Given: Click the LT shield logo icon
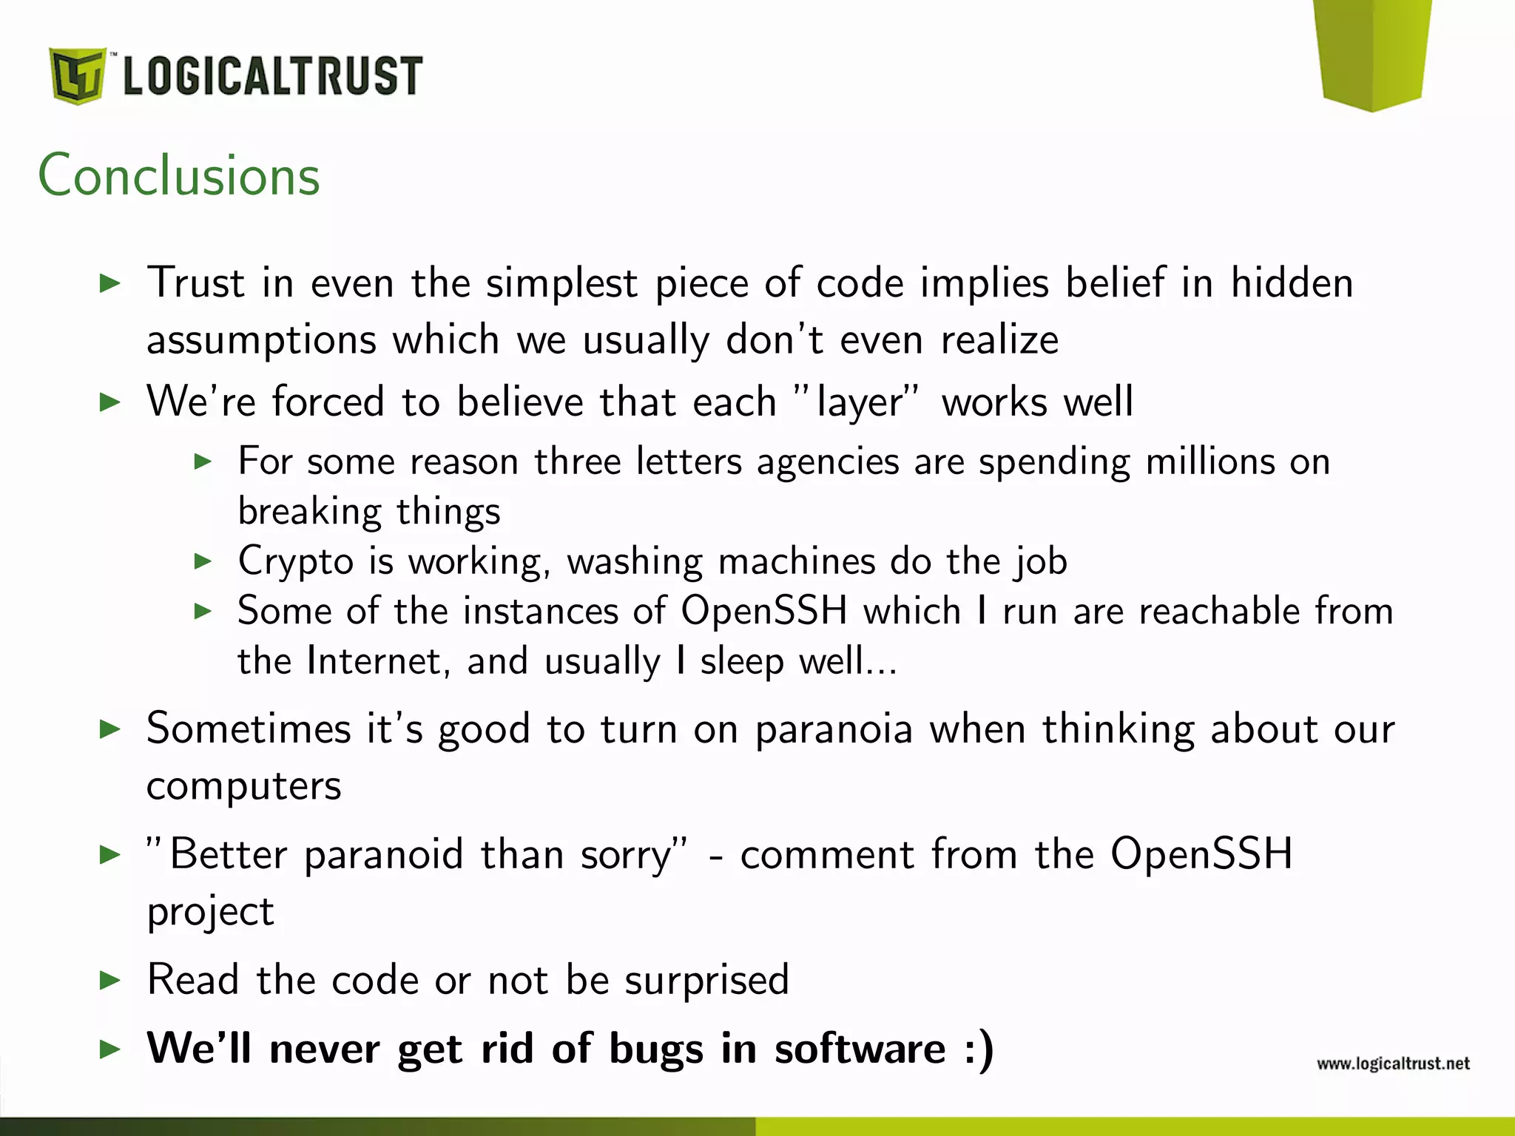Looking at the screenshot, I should pyautogui.click(x=77, y=75).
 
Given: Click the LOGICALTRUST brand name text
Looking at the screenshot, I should pyautogui.click(x=272, y=76).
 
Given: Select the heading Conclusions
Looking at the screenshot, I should pyautogui.click(x=179, y=176).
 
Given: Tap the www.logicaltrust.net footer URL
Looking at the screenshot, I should pyautogui.click(x=1393, y=1064).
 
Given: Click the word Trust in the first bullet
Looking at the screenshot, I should pyautogui.click(x=196, y=283).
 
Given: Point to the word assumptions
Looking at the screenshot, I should pyautogui.click(x=261, y=341).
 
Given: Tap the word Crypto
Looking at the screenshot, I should pyautogui.click(x=296, y=561).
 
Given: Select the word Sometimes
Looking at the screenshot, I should pyautogui.click(x=249, y=729).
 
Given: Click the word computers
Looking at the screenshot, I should pyautogui.click(x=244, y=787).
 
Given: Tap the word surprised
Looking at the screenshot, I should pyautogui.click(x=706, y=981).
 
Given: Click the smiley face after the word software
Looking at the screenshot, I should pyautogui.click(x=979, y=1049).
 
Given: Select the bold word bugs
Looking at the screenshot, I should pyautogui.click(x=656, y=1049).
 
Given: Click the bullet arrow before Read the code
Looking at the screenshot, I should pyautogui.click(x=110, y=981).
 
